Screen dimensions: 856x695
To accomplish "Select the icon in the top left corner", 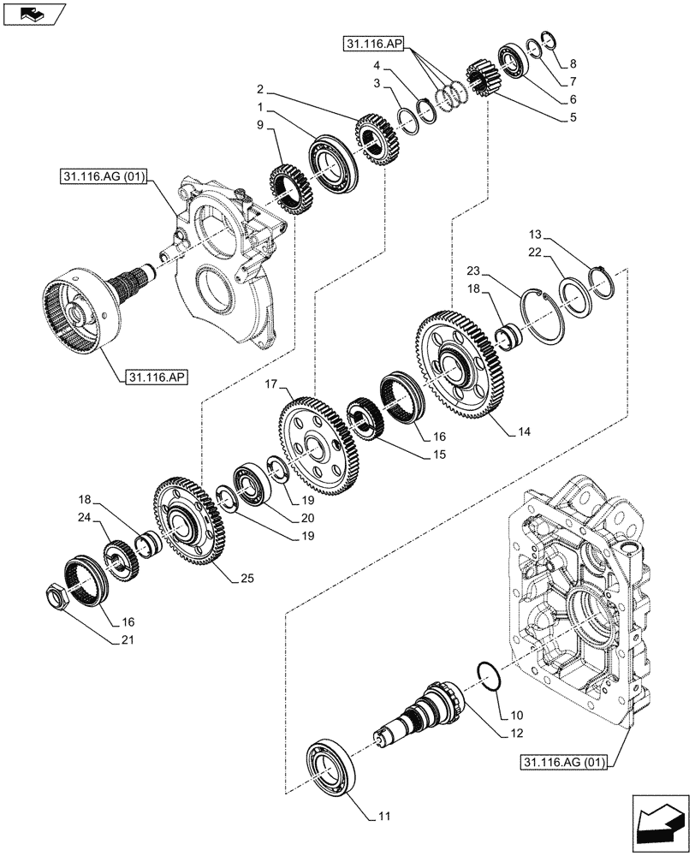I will click(33, 12).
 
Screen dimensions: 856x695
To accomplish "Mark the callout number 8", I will click(573, 63).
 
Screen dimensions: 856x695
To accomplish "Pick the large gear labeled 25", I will click(188, 526).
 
